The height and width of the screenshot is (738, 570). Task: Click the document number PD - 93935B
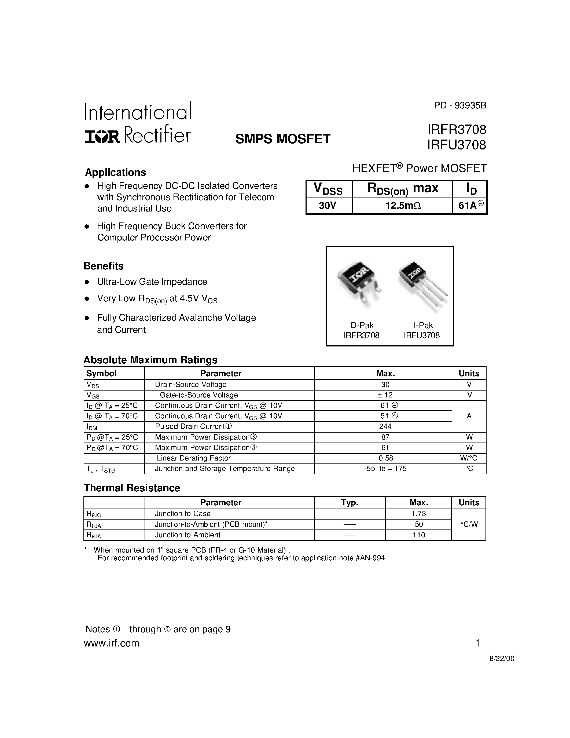click(460, 105)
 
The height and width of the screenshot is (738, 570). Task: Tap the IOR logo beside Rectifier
click(102, 137)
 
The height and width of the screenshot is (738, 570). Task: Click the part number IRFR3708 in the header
click(457, 129)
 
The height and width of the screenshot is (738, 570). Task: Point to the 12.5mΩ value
click(403, 206)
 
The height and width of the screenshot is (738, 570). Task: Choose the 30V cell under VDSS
click(328, 206)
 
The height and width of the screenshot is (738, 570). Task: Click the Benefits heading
click(104, 266)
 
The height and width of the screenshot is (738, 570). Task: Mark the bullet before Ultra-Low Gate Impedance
click(87, 282)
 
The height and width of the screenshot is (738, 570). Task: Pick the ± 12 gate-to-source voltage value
click(385, 395)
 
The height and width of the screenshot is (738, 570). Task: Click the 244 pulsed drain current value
click(385, 426)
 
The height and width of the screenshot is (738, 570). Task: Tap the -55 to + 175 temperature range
click(385, 469)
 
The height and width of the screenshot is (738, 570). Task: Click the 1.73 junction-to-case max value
click(419, 514)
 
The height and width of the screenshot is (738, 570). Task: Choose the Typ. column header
click(350, 502)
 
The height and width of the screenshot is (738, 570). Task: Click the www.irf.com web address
click(111, 643)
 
